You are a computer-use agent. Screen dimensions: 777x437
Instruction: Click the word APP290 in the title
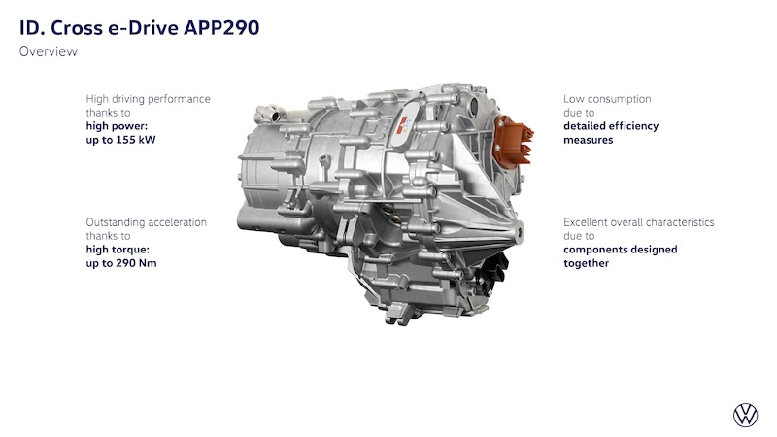(x=221, y=28)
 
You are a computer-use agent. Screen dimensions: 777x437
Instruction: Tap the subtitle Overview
(x=49, y=51)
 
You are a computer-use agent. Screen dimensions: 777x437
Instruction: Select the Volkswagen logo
(x=745, y=415)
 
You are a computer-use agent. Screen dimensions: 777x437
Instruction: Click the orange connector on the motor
(x=514, y=140)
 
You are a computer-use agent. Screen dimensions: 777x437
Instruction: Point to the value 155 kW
(x=136, y=140)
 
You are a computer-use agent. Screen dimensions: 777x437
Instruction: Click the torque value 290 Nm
(x=136, y=263)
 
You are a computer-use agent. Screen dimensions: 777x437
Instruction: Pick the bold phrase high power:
(x=117, y=126)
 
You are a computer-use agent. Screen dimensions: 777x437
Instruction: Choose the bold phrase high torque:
(x=118, y=250)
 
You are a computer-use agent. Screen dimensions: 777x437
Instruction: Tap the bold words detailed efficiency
(x=611, y=126)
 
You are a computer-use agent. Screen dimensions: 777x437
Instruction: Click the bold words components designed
(x=621, y=250)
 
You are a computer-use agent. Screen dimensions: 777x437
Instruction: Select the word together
(x=587, y=263)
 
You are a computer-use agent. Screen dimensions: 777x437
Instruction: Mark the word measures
(x=589, y=140)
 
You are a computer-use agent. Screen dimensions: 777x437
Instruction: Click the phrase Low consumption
(x=607, y=99)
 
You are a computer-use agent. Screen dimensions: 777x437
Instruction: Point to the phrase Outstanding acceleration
(x=147, y=222)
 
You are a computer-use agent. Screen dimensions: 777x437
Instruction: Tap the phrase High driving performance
(x=149, y=99)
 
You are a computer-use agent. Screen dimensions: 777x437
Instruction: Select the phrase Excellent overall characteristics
(x=639, y=222)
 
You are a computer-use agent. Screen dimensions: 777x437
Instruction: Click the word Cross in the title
(x=77, y=28)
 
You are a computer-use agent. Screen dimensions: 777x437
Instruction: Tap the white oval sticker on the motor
(x=406, y=123)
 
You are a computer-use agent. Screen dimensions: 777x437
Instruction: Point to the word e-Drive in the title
(x=143, y=28)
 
